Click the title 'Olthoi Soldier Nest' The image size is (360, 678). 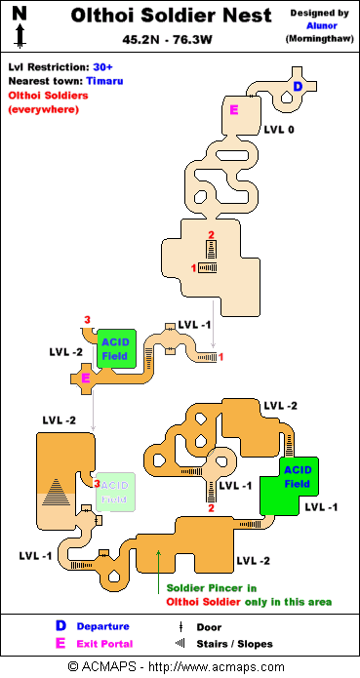pos(171,16)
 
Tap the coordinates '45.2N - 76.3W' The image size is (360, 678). pos(167,40)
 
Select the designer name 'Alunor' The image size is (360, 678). pos(322,26)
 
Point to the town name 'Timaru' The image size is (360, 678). pos(104,81)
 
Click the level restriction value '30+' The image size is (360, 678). pos(102,67)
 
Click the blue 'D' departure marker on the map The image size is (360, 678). pos(298,87)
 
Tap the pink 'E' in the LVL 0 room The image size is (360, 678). pos(234,110)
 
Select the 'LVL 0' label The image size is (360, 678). pos(279,129)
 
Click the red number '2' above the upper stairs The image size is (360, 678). pos(211,235)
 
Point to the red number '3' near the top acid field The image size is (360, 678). pos(87,320)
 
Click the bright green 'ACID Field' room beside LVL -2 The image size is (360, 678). pos(117,349)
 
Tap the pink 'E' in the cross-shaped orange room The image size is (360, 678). pos(86,379)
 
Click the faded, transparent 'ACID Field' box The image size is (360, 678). pos(115,492)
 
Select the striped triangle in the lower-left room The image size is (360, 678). pos(57,492)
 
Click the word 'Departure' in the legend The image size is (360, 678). pos(102,626)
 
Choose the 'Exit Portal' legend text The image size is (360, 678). pos(105,644)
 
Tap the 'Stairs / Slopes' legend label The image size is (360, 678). pos(235,644)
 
